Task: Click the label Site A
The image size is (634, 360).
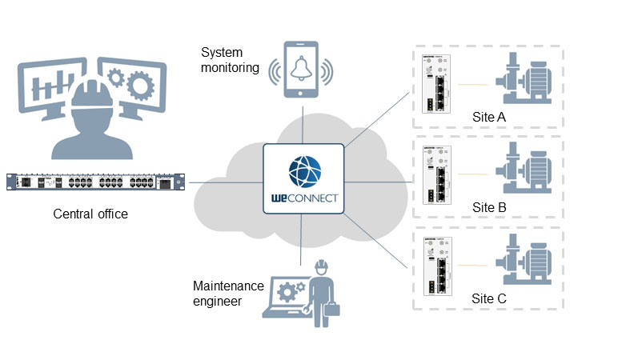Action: (x=489, y=118)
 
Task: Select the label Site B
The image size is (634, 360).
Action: (x=489, y=207)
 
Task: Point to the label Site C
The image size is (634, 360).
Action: (x=489, y=298)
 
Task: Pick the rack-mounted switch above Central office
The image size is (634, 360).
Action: (x=94, y=182)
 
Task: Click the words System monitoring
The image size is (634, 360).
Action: (x=231, y=60)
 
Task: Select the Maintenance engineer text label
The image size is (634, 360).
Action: (x=227, y=293)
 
